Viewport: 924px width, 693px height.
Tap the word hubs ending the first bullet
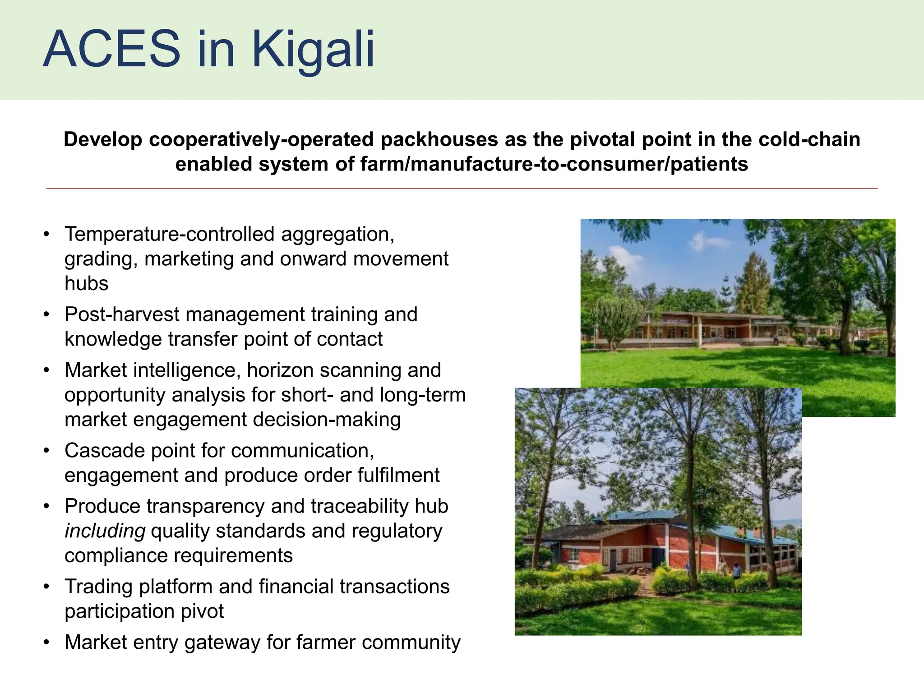point(86,284)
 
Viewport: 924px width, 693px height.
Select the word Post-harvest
point(121,314)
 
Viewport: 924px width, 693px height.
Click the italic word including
point(105,531)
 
